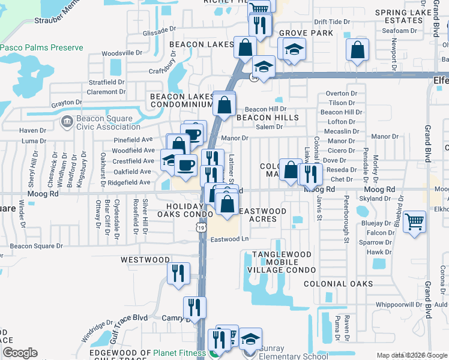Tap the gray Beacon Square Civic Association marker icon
coord(66,122)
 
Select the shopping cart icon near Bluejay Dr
coord(415,222)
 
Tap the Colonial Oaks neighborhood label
coord(346,284)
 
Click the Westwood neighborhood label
coord(145,260)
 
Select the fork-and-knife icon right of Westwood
coord(178,274)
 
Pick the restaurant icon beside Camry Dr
coord(194,307)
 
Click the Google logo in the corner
coord(20,353)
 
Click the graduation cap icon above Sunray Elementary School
coord(250,339)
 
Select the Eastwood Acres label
coord(262,215)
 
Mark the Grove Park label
coord(306,33)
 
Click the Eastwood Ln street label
coord(229,239)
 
